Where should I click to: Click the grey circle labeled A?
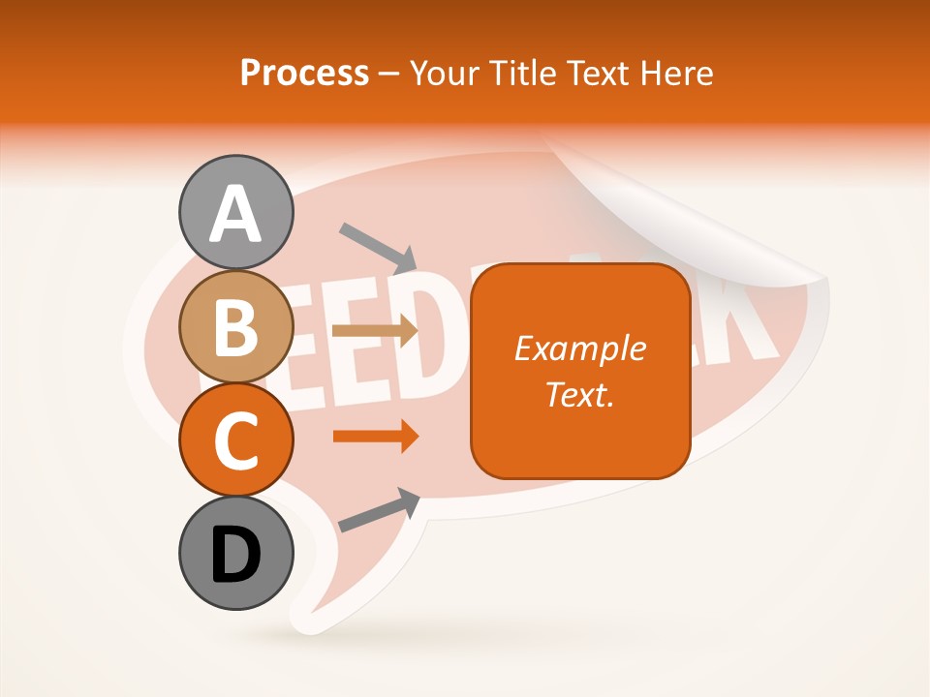pyautogui.click(x=235, y=213)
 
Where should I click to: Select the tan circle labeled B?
pyautogui.click(x=235, y=327)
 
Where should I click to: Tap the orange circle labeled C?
pyautogui.click(x=235, y=440)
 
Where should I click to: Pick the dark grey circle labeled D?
pyautogui.click(x=235, y=554)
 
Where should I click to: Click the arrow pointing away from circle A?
pyautogui.click(x=377, y=247)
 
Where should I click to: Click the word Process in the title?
pyautogui.click(x=304, y=73)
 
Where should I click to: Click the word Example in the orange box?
pyautogui.click(x=579, y=348)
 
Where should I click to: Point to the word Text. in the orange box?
pyautogui.click(x=579, y=394)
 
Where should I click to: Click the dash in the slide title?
pyautogui.click(x=389, y=74)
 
